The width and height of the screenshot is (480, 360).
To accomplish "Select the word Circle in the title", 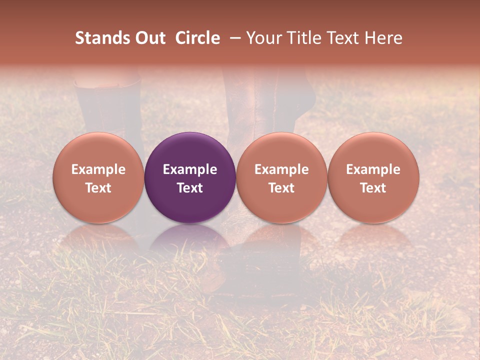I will coord(197,38).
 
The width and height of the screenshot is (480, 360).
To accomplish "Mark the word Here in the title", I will coord(384,38).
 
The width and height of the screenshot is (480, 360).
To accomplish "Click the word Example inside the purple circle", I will coord(190,169).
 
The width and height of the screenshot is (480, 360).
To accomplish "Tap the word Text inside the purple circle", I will coord(190,188).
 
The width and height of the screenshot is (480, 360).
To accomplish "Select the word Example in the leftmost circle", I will coord(98,169).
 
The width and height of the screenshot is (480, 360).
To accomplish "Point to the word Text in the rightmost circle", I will coord(373,188).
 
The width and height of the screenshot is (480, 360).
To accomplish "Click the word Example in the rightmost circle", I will coord(373,169).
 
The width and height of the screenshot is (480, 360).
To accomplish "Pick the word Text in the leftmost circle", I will coord(98,188).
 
